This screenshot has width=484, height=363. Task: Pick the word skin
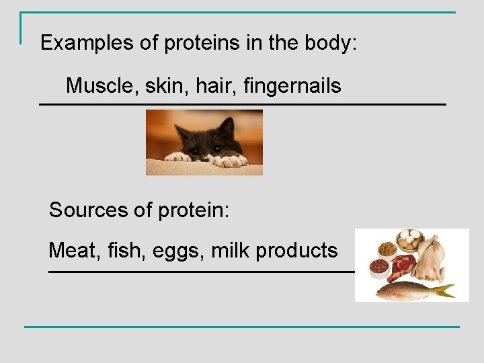(x=163, y=85)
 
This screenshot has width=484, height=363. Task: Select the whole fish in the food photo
(x=410, y=291)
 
